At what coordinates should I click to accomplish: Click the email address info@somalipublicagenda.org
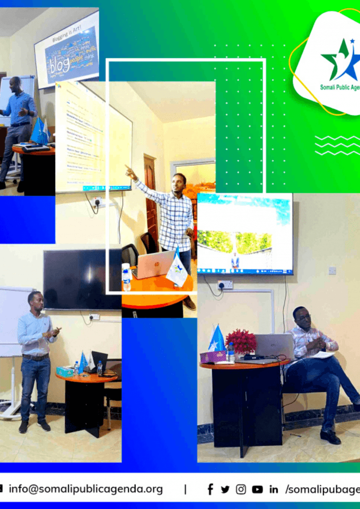click(86, 489)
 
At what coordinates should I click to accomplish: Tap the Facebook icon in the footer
click(210, 489)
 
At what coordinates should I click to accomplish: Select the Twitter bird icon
click(225, 489)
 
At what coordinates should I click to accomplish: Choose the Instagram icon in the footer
click(241, 489)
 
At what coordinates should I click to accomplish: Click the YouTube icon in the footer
click(257, 489)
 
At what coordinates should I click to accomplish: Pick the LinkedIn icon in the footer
click(274, 490)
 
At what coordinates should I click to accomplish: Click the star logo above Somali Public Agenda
click(340, 60)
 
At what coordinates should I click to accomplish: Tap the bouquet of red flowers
click(241, 341)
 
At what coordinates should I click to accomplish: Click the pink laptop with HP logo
click(153, 264)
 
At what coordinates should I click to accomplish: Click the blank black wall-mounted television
click(82, 279)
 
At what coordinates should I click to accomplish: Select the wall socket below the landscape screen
click(225, 284)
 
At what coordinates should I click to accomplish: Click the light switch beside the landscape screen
click(332, 270)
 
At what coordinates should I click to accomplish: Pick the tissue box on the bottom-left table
click(65, 371)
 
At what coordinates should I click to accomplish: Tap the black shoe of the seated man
click(330, 437)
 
